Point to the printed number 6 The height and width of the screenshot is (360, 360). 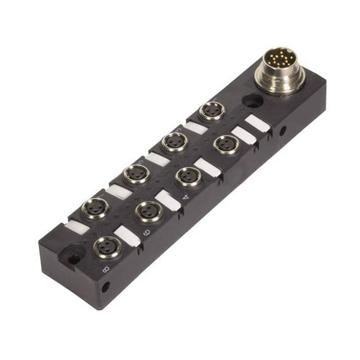click(x=145, y=231)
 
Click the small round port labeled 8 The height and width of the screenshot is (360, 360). click(x=106, y=245)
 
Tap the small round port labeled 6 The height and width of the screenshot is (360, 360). click(x=148, y=211)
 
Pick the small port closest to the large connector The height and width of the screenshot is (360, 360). click(x=212, y=111)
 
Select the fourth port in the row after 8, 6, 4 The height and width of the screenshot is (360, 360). click(x=227, y=144)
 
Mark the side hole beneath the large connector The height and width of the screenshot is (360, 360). click(x=282, y=130)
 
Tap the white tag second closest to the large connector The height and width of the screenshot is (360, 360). click(x=244, y=134)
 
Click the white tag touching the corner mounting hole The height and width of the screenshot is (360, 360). click(x=78, y=227)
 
